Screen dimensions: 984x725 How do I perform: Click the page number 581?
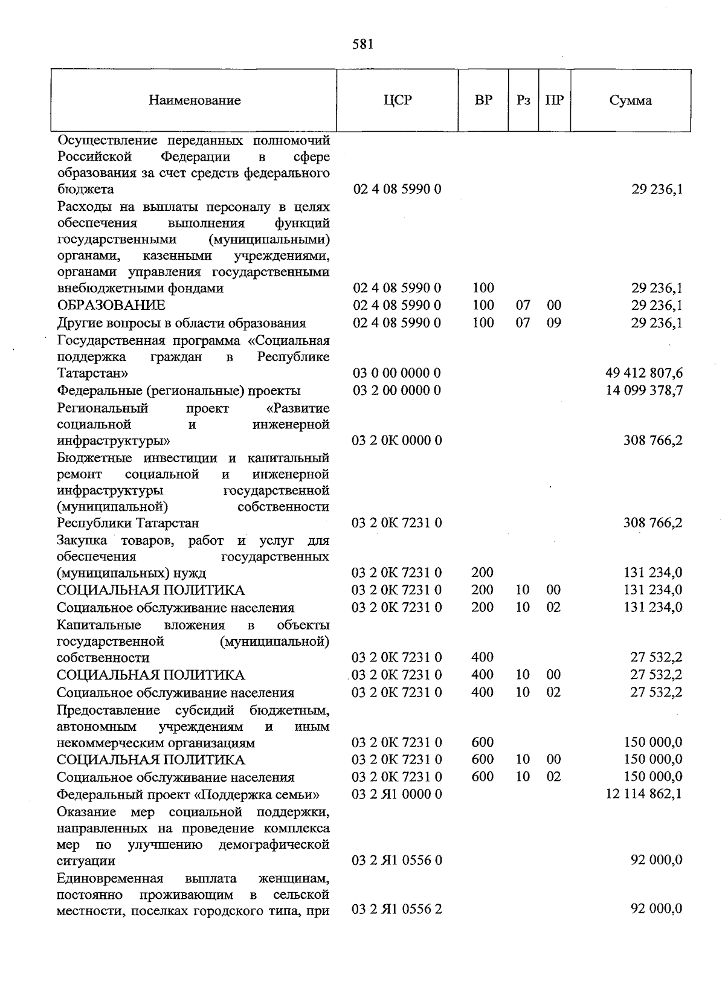point(363,44)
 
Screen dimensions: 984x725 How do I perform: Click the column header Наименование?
point(195,101)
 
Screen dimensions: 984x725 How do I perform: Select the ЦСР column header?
point(398,100)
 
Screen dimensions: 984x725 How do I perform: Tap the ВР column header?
point(483,100)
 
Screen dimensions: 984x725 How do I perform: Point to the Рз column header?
point(523,101)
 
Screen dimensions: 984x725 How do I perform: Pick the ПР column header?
point(554,101)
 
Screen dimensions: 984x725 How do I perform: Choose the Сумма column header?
point(630,101)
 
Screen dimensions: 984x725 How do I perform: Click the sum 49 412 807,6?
point(644,373)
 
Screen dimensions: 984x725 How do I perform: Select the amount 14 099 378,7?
point(644,390)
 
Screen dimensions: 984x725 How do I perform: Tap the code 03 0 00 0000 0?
point(397,373)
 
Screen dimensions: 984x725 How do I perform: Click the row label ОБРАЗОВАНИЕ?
point(111,306)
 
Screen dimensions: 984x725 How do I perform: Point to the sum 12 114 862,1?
point(644,794)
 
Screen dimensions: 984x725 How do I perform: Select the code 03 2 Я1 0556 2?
point(397,908)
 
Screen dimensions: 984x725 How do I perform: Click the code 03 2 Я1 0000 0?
point(397,794)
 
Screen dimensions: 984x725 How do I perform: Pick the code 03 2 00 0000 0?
point(397,390)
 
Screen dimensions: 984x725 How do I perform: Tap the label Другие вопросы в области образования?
point(181,323)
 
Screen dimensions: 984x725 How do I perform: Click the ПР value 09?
point(554,323)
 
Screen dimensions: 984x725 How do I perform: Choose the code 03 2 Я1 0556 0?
point(397,860)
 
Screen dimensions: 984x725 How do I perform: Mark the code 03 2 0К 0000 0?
point(397,440)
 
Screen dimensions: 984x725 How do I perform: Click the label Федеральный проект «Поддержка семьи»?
point(188,794)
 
